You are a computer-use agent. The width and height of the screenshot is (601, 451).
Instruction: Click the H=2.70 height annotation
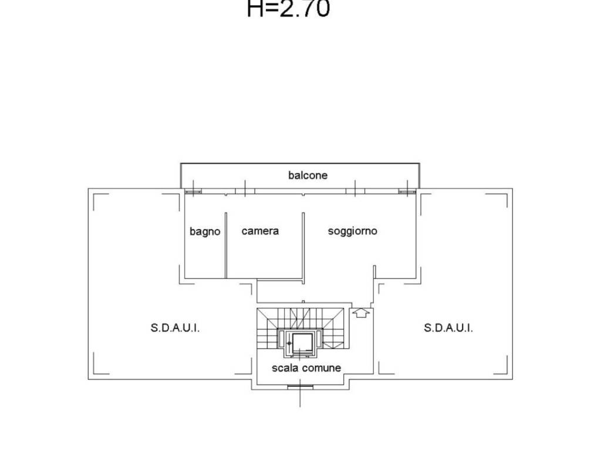[288, 8]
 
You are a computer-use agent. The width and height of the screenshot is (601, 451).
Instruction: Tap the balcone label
[308, 175]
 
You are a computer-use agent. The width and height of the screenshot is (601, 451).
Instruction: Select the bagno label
[205, 231]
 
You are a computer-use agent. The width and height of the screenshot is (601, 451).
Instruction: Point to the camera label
[260, 231]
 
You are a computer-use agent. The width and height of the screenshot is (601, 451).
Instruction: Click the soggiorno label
[352, 231]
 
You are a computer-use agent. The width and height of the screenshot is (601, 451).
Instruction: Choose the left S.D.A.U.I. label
[175, 328]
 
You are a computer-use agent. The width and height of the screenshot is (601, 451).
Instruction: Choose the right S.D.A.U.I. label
[448, 328]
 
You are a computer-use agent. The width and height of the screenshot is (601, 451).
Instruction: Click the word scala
[285, 368]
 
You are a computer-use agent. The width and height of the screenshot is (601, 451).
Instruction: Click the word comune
[321, 368]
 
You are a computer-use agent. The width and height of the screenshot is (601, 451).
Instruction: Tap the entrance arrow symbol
[361, 312]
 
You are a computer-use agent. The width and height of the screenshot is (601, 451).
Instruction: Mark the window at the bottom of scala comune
[300, 388]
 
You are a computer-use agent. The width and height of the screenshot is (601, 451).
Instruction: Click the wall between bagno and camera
[226, 245]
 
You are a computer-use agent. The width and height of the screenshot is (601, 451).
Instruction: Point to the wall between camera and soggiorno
[303, 248]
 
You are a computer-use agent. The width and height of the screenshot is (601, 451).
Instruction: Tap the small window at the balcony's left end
[193, 191]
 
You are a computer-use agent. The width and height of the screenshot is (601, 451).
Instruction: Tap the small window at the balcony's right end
[407, 191]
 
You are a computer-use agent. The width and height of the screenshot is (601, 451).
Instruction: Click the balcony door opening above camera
[245, 191]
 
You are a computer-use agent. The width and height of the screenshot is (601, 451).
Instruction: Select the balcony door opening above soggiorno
[355, 191]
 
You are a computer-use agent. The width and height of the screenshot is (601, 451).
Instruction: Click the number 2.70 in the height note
[305, 8]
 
